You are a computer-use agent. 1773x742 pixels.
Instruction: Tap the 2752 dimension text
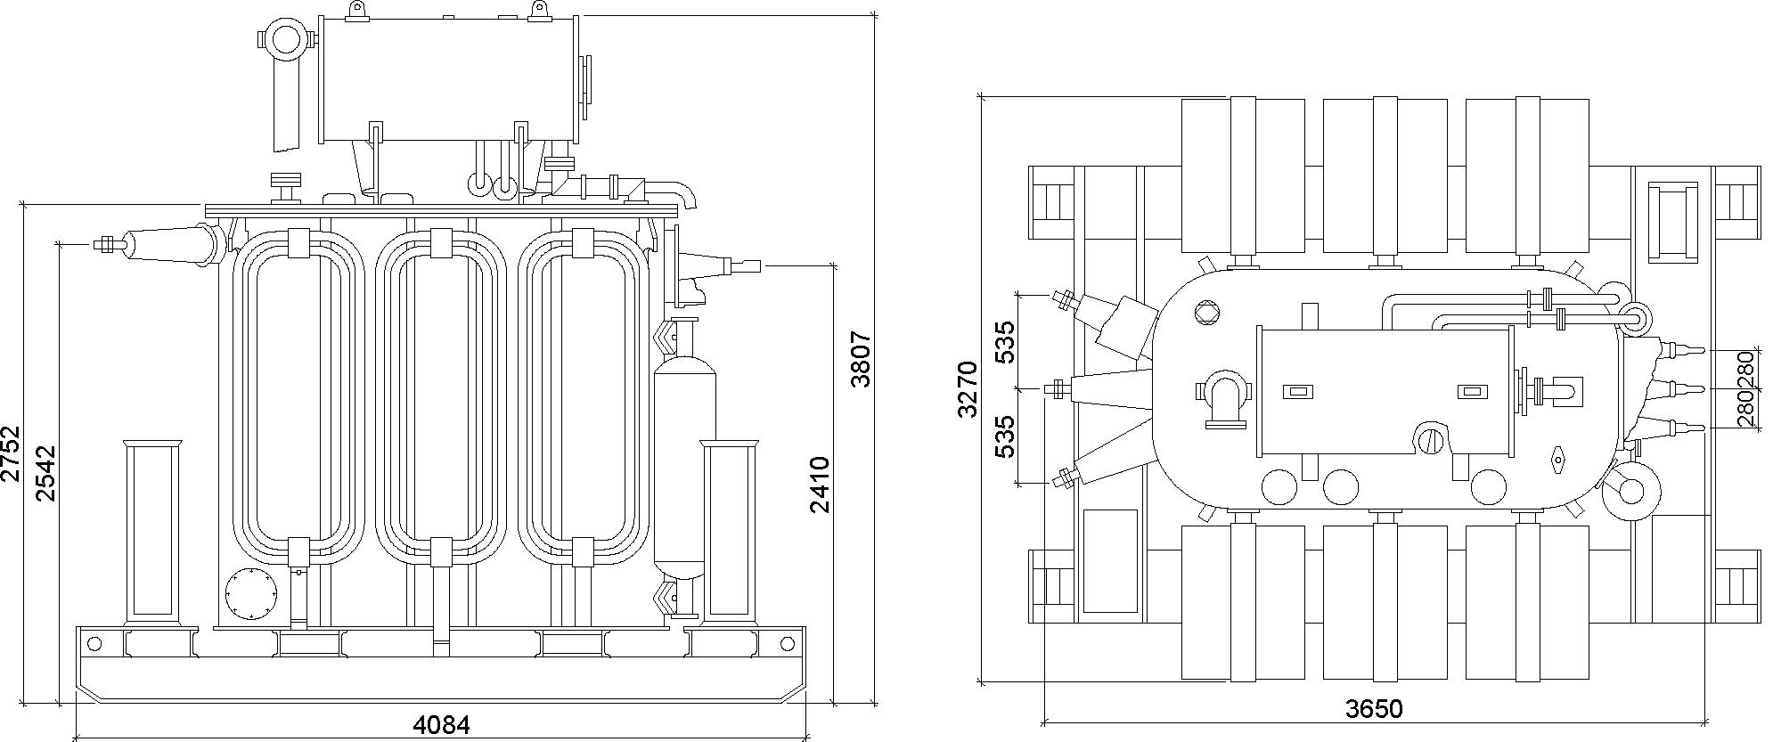(x=10, y=453)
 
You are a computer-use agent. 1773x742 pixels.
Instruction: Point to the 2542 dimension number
(x=45, y=474)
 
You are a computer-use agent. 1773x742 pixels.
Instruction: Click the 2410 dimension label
(x=820, y=485)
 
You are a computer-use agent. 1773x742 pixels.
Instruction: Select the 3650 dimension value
(x=1374, y=709)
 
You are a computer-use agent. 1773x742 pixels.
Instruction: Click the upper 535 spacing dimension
(x=1005, y=342)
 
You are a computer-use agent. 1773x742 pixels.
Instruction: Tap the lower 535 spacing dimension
(x=1005, y=436)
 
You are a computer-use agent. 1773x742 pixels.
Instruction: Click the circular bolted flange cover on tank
(x=250, y=593)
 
